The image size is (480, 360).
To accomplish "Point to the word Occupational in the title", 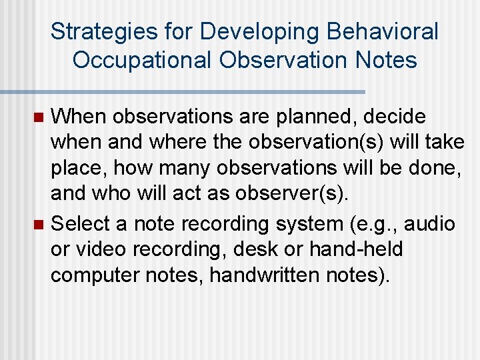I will click(x=141, y=60).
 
